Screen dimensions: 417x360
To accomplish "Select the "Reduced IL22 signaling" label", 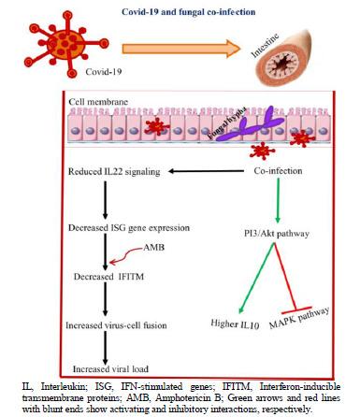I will (116, 171).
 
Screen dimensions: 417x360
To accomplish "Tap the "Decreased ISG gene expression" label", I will (126, 227).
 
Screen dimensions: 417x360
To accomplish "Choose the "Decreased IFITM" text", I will (113, 277).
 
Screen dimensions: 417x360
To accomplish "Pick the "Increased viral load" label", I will (109, 369).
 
